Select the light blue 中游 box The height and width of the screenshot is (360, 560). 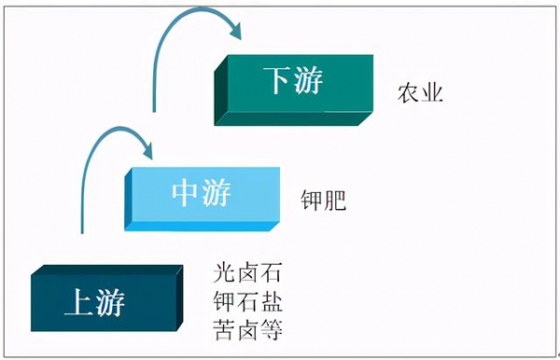click(202, 194)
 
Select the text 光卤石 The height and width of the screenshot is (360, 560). click(247, 275)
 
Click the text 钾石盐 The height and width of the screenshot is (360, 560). click(247, 302)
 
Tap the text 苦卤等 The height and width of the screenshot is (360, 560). click(247, 329)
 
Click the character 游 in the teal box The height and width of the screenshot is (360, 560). click(309, 82)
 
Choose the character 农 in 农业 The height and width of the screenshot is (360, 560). click(407, 93)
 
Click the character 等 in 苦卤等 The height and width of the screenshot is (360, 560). click(271, 329)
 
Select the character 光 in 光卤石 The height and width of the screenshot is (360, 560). click(224, 275)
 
